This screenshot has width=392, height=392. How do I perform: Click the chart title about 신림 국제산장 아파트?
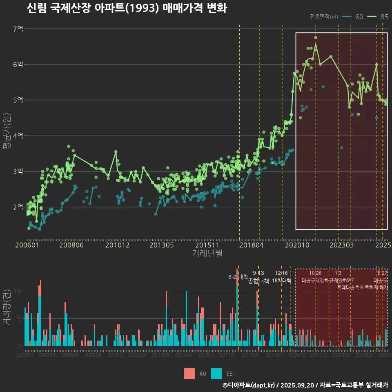coord(127,8)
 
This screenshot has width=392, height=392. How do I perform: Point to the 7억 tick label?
coord(18,29)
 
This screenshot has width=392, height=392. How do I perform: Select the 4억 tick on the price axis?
coord(18,136)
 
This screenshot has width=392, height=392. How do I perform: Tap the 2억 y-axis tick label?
coord(18,207)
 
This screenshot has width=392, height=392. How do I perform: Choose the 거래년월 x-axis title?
coord(207,253)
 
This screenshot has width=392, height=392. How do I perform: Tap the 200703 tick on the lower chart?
coord(47,355)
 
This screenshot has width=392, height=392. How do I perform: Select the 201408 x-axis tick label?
coord(183,355)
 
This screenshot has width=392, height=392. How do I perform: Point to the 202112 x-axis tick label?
coord(318,355)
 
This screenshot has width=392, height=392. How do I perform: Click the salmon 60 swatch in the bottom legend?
coord(189,373)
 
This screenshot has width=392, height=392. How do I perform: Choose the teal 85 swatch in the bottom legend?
coord(216,373)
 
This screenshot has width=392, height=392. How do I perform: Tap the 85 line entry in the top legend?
coord(378,17)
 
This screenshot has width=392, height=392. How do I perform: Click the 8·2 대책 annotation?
coord(238,277)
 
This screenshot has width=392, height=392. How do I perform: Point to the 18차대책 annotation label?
coord(281,281)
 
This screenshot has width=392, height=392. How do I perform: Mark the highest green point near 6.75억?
coord(316,38)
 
